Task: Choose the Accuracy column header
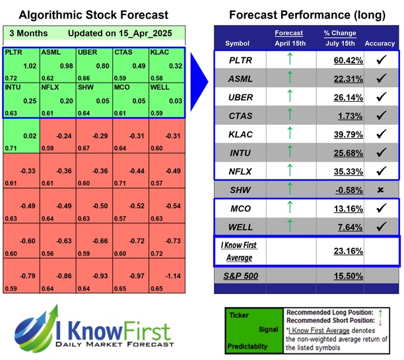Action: [x=380, y=44]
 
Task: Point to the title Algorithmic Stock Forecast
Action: [x=93, y=15]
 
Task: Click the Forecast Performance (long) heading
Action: [x=307, y=15]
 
